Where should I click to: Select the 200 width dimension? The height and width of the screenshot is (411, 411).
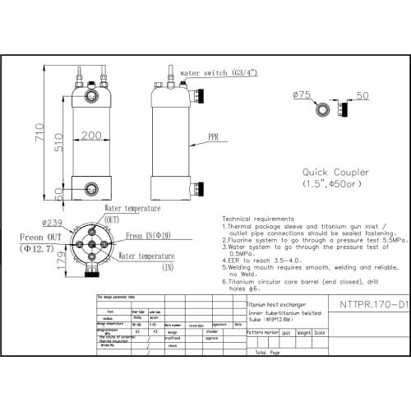[92, 135]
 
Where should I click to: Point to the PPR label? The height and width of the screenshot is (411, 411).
[213, 136]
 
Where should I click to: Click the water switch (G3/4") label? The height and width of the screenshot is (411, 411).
[215, 72]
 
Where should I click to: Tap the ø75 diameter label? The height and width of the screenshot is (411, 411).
[302, 95]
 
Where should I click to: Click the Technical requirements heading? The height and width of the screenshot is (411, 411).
[259, 219]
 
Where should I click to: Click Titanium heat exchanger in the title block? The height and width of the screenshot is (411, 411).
[275, 303]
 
